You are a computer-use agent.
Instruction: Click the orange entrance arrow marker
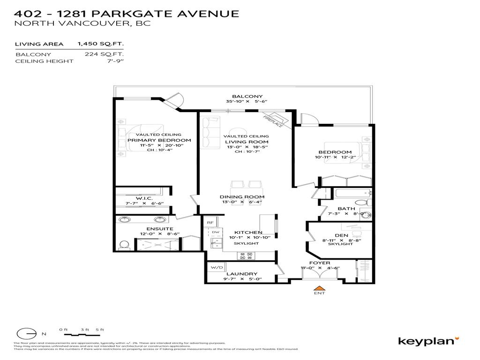tap(319, 288)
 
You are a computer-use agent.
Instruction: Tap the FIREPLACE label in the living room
tap(273, 121)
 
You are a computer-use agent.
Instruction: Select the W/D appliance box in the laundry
tap(217, 268)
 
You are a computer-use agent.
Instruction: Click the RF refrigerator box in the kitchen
tap(210, 223)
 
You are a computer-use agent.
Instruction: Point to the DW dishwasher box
tap(216, 232)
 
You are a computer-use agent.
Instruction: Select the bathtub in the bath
tap(352, 193)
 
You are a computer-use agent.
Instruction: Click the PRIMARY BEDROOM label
tap(159, 140)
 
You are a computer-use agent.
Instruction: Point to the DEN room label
tap(341, 236)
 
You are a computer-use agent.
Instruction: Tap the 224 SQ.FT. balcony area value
tap(104, 54)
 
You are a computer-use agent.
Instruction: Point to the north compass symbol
tap(27, 333)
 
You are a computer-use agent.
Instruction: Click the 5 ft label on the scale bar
tap(99, 330)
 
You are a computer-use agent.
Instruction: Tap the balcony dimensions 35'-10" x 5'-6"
tap(244, 102)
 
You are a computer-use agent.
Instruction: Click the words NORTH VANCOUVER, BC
tap(82, 23)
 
